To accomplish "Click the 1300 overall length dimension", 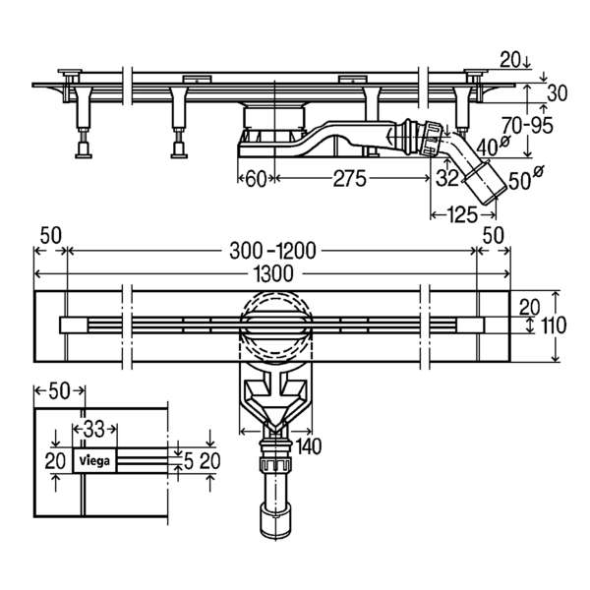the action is click(273, 274).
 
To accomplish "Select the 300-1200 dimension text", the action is click(272, 251).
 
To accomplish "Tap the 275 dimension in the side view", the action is click(349, 178).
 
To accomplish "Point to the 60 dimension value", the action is click(256, 179).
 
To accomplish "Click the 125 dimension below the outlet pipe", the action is click(462, 215).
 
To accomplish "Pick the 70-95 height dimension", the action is click(527, 125).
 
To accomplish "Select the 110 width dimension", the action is click(554, 325).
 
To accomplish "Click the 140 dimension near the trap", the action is click(309, 446).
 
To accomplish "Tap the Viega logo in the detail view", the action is click(94, 460).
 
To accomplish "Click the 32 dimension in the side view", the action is click(447, 178).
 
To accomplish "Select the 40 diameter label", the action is click(493, 146).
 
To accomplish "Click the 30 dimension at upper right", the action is click(557, 93).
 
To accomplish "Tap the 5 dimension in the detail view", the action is click(188, 461).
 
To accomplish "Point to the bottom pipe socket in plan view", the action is click(275, 521).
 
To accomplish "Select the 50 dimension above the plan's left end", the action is click(51, 237).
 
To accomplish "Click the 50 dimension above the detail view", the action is click(59, 391).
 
